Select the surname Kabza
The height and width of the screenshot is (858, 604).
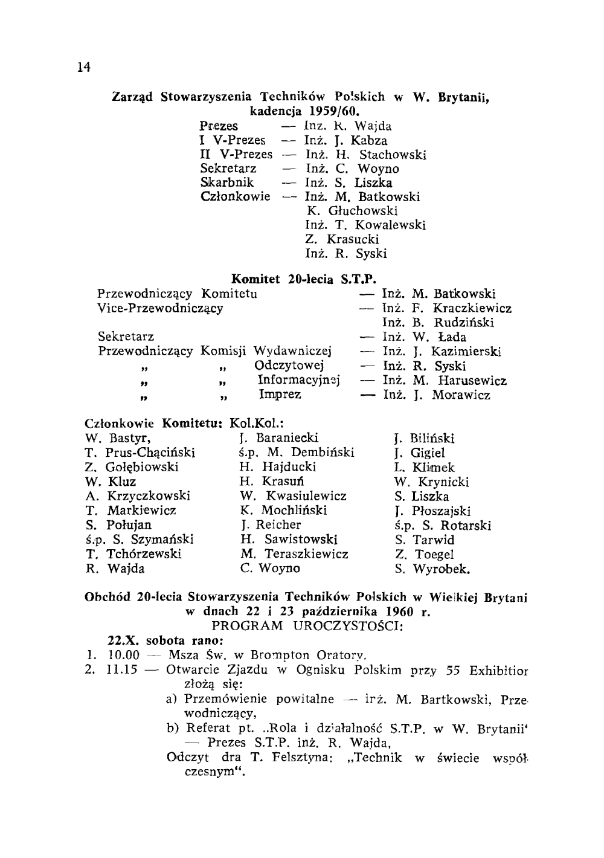click(x=369, y=141)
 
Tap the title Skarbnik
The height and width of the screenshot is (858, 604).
click(x=227, y=182)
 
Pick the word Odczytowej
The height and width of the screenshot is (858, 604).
click(x=290, y=366)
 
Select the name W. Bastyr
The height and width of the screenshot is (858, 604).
click(x=118, y=438)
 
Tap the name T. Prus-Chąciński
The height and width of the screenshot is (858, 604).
click(x=140, y=453)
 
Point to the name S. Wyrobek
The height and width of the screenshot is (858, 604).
click(x=432, y=569)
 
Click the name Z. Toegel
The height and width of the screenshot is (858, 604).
click(x=424, y=554)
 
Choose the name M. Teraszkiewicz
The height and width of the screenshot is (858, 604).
click(x=294, y=554)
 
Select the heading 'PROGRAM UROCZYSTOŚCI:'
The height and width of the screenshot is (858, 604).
click(x=307, y=625)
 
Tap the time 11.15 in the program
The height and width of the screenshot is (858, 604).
click(x=122, y=670)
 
